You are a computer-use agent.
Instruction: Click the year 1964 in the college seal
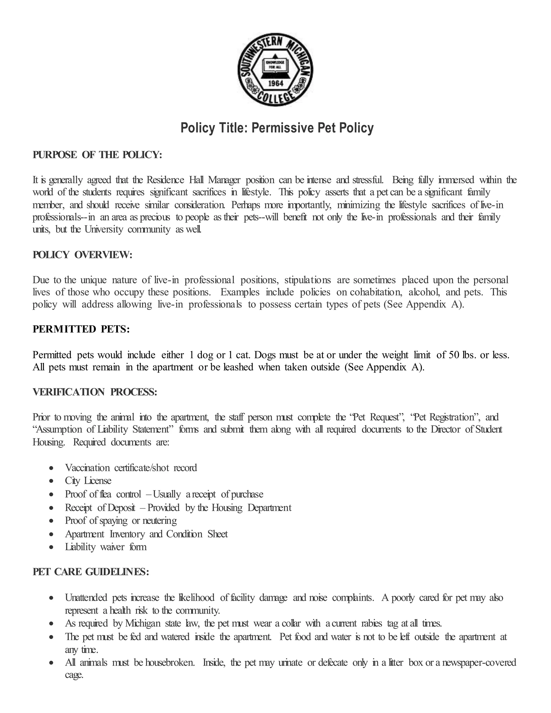click(275, 83)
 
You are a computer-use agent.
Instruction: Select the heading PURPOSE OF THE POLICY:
click(97, 155)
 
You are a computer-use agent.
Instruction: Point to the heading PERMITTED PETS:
click(81, 329)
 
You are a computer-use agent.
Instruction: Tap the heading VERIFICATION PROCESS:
click(95, 392)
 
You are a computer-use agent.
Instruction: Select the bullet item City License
click(88, 481)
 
